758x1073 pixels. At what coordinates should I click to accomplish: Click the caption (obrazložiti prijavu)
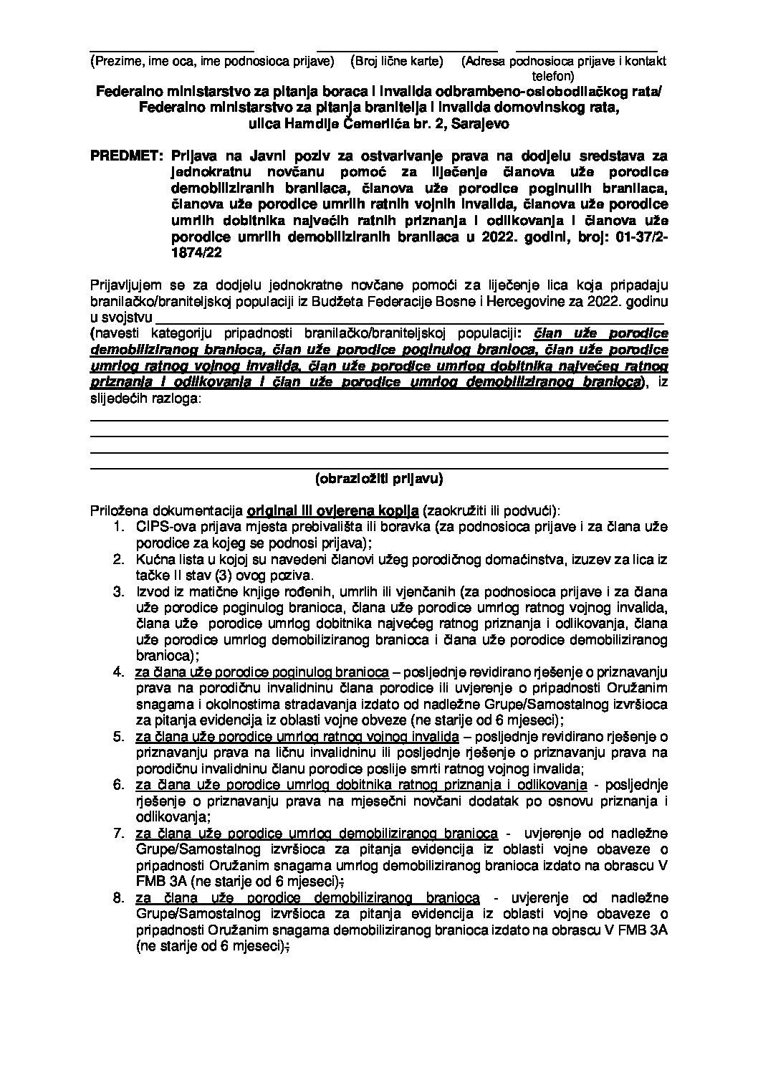(x=379, y=477)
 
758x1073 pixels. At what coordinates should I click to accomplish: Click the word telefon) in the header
(x=552, y=75)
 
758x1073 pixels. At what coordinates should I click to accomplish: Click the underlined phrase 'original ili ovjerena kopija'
(x=332, y=511)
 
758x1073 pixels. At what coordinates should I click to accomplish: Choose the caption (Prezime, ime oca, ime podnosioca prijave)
(x=214, y=62)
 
